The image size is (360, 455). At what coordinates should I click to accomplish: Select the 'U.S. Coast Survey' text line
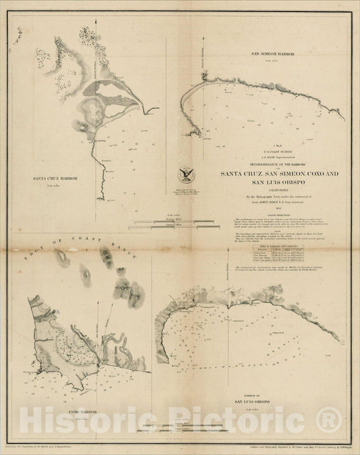pos(266,151)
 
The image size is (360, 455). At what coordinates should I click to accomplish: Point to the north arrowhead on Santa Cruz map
pos(100,24)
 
